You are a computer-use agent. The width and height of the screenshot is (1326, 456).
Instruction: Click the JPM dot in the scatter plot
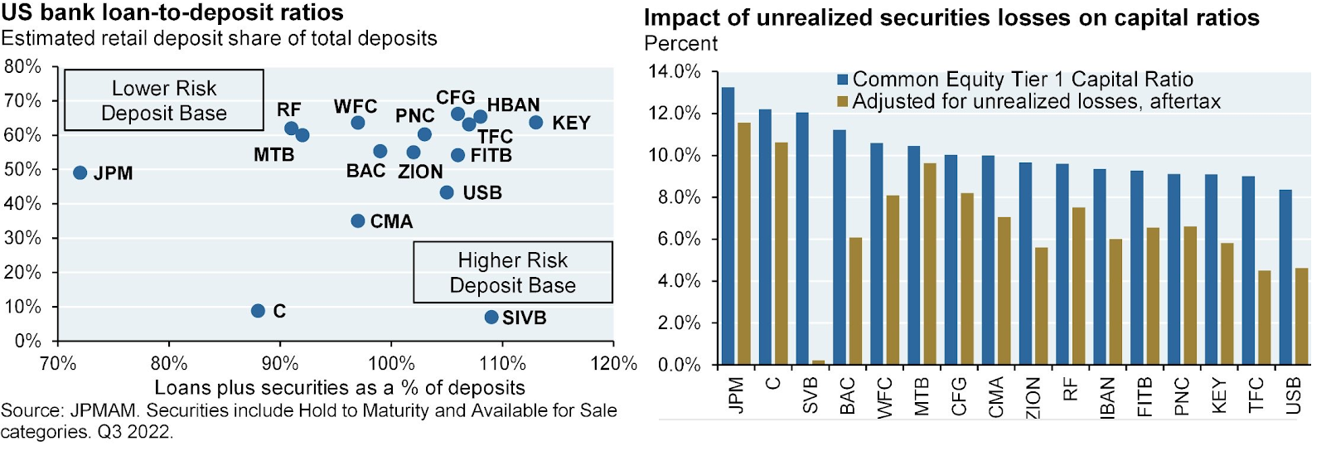point(80,172)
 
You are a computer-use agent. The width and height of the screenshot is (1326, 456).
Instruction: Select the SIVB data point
point(491,317)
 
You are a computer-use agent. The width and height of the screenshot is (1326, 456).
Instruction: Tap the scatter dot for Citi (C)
point(258,310)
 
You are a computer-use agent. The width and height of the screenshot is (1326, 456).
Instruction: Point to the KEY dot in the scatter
point(536,122)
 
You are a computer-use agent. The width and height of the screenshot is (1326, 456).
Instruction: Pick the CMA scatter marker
point(358,221)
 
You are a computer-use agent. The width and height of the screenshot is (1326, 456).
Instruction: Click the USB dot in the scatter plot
point(447,192)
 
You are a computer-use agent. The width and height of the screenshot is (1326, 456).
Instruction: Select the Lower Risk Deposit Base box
point(164,100)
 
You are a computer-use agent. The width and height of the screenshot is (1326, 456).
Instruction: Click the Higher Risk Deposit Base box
point(513,272)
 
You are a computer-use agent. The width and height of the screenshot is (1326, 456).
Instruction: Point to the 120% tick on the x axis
point(614,363)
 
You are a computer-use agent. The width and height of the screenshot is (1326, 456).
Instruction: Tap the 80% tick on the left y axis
point(22,66)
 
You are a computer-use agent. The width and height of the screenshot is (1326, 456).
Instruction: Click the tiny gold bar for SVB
point(819,361)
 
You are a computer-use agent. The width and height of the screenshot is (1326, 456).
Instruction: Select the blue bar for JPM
point(728,226)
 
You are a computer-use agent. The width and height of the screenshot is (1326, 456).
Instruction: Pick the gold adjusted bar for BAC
point(855,301)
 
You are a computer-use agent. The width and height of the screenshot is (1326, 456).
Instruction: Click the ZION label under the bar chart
point(1033,397)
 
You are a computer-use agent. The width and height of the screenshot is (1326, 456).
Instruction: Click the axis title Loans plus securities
point(340,387)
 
